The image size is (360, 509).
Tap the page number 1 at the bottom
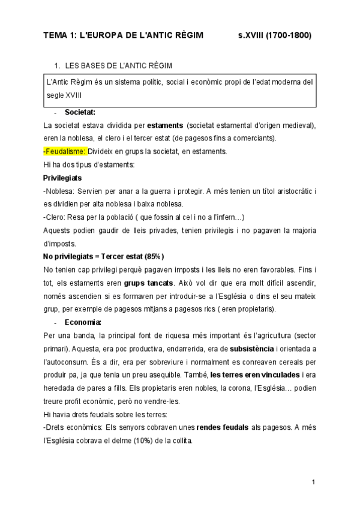(x=313, y=482)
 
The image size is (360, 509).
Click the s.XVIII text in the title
(x=251, y=36)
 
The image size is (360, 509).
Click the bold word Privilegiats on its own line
(x=62, y=178)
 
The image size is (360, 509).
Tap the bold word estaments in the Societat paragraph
(x=165, y=125)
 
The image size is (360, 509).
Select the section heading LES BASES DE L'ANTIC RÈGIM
(x=119, y=65)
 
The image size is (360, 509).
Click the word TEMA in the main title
(x=56, y=36)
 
